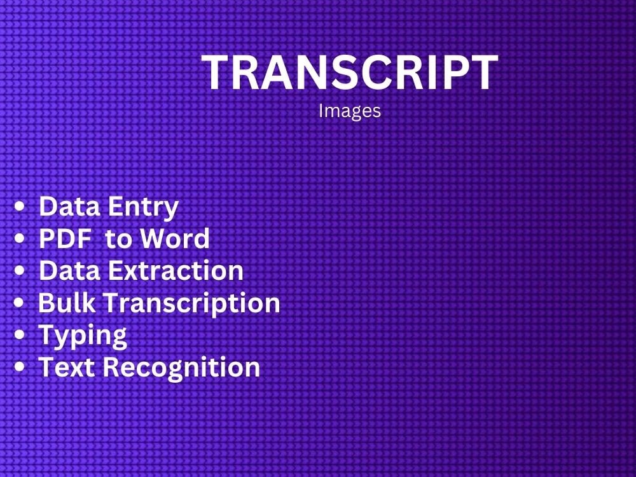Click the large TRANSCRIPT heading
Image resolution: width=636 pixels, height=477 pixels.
[x=350, y=73]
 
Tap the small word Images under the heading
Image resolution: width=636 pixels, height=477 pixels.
[x=350, y=111]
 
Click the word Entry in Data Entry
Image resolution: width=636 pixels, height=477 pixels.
[x=143, y=207]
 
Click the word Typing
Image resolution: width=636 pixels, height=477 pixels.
[x=83, y=335]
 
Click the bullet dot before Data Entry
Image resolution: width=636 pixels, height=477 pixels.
[x=22, y=207]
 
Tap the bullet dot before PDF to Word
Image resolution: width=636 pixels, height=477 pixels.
[x=22, y=239]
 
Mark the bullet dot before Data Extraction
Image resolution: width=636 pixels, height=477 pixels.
[x=22, y=271]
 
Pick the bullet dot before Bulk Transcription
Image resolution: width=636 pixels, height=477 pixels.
[x=22, y=303]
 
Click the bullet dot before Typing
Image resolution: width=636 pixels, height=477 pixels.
[x=22, y=335]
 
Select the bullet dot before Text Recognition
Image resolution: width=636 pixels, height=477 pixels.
[x=22, y=368]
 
